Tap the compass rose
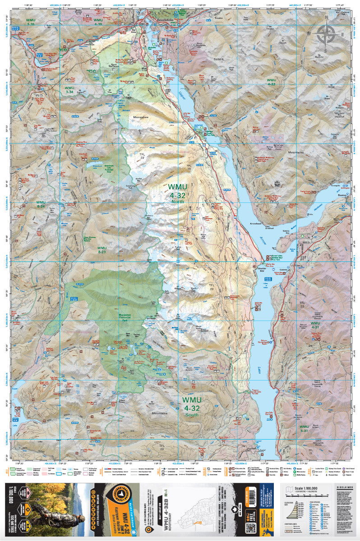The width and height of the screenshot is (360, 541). (326, 34)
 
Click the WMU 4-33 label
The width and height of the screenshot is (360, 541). (271, 82)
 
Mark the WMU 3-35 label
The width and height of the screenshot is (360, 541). (31, 23)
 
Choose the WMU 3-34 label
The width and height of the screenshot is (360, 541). (69, 90)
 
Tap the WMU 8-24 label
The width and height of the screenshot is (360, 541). (41, 204)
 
